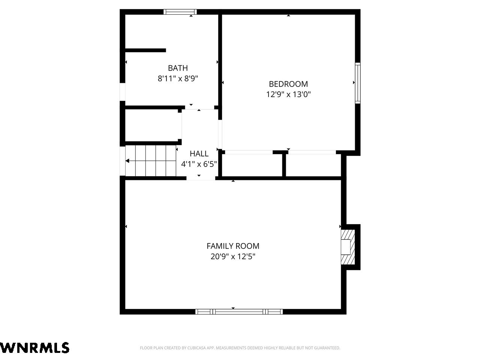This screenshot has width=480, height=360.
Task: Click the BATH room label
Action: click(178, 68)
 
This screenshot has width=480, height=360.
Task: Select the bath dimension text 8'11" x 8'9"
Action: click(178, 78)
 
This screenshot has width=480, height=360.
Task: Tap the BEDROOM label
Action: click(288, 84)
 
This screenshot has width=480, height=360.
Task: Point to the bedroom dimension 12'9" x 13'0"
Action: click(288, 94)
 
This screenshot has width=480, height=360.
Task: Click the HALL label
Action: click(199, 154)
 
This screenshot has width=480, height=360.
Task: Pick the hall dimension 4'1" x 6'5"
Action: click(199, 164)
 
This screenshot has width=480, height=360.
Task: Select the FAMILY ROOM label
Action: click(233, 246)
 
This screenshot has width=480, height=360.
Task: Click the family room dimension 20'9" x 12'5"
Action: click(233, 256)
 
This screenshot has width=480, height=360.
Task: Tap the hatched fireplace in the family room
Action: click(348, 247)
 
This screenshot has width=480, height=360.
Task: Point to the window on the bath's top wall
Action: click(180, 12)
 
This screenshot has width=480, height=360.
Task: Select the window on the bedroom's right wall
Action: click(357, 83)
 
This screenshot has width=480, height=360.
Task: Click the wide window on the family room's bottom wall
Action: click(239, 312)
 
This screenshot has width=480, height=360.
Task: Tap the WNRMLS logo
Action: click(34, 348)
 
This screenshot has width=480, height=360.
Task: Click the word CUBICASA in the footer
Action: click(197, 348)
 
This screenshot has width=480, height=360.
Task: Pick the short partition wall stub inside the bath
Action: click(145, 50)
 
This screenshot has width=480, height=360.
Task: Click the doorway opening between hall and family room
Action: click(201, 178)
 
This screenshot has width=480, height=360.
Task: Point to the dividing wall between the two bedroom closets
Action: click(284, 165)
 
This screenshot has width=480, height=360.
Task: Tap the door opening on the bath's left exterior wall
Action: click(123, 92)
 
